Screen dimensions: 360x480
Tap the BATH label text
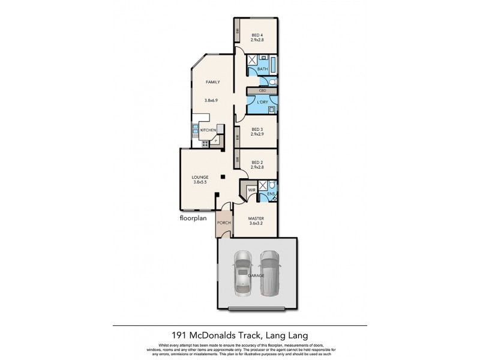point(262,70)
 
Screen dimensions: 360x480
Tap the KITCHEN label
point(208,130)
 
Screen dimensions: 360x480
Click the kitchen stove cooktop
point(205,143)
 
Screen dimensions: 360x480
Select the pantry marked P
point(216,142)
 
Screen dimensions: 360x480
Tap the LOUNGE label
point(200,177)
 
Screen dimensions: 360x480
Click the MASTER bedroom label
point(256,220)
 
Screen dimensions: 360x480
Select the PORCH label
point(224,223)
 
